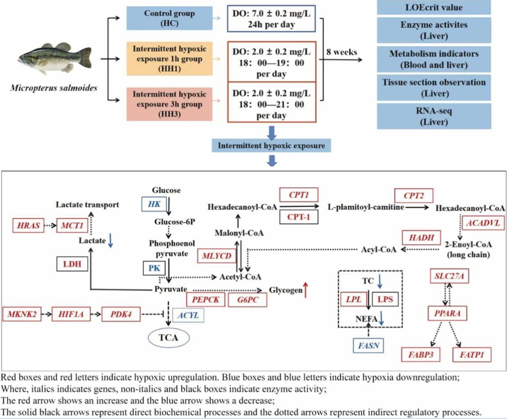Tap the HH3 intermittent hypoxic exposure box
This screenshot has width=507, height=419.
[170, 102]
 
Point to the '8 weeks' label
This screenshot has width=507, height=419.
[342, 52]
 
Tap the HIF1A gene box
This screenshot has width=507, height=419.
[71, 315]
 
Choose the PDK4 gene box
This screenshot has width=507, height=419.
[121, 315]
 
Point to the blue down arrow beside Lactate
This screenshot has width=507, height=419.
[110, 242]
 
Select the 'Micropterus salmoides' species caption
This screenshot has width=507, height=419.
[54, 87]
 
